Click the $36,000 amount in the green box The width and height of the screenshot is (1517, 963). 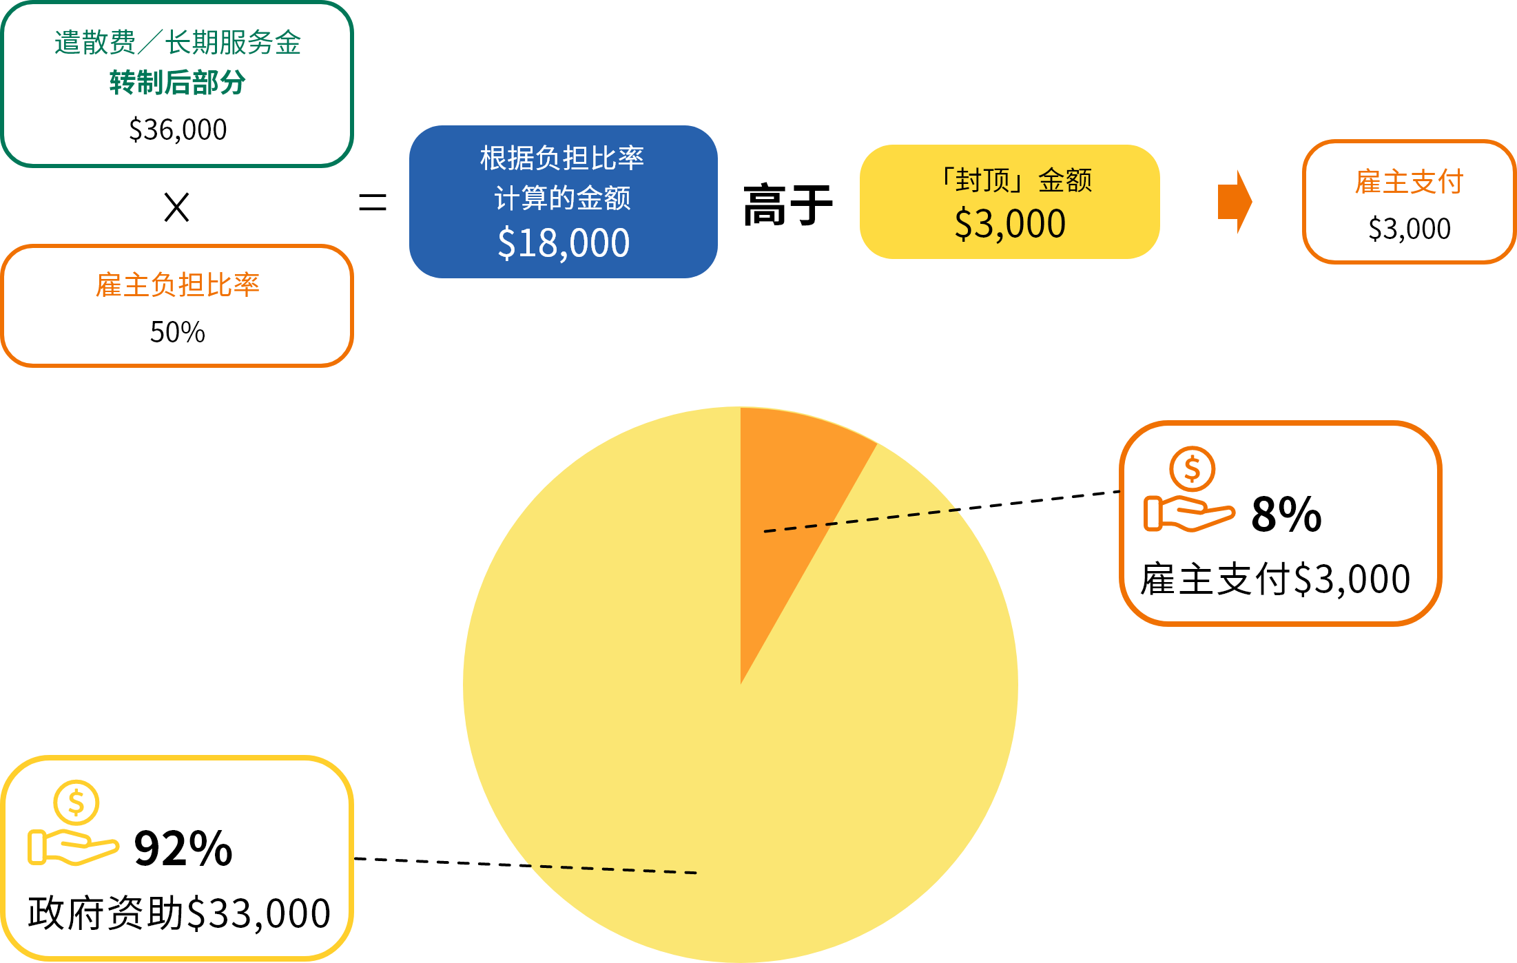178,130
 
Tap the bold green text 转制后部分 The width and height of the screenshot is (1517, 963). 178,83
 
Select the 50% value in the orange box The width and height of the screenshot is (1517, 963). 178,332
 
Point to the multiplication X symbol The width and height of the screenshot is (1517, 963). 177,207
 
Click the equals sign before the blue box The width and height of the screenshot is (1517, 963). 373,203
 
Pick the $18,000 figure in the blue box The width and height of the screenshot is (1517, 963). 564,243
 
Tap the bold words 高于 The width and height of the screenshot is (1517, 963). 788,205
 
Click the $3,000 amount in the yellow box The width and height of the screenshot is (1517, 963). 1010,224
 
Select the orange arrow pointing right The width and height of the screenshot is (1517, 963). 1235,202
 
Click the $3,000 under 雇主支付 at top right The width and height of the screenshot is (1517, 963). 1410,229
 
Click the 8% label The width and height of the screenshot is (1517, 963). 1286,514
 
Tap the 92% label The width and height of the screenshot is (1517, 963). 183,848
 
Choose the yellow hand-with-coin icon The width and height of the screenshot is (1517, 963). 73,822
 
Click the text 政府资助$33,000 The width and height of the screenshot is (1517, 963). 179,913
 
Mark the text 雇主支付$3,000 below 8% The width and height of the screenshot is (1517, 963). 1276,579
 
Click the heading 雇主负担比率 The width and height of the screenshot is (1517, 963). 178,284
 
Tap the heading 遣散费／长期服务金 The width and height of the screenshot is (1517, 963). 178,42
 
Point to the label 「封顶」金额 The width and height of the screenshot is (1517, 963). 1015,180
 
